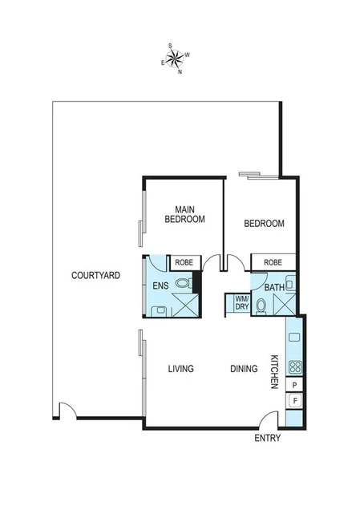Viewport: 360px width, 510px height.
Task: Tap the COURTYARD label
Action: point(95,275)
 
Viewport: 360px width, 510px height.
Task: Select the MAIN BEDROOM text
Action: point(184,214)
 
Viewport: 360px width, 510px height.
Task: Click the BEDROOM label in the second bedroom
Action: point(265,224)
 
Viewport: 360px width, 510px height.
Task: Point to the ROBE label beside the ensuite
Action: point(184,262)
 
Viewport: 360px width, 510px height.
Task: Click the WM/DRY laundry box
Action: point(241,304)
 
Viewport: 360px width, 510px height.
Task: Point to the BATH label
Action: point(274,287)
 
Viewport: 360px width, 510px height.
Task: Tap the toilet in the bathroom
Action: point(261,304)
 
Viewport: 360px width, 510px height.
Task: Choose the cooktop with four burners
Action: point(293,368)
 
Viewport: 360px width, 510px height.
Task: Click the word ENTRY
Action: point(267,439)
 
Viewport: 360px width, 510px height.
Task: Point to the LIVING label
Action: point(181,369)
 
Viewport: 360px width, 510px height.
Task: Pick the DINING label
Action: point(244,369)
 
